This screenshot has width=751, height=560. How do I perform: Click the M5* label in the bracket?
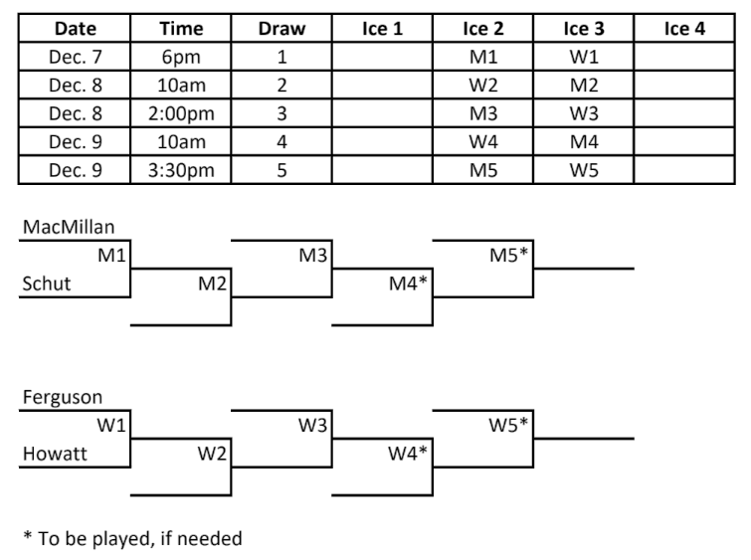508,257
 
